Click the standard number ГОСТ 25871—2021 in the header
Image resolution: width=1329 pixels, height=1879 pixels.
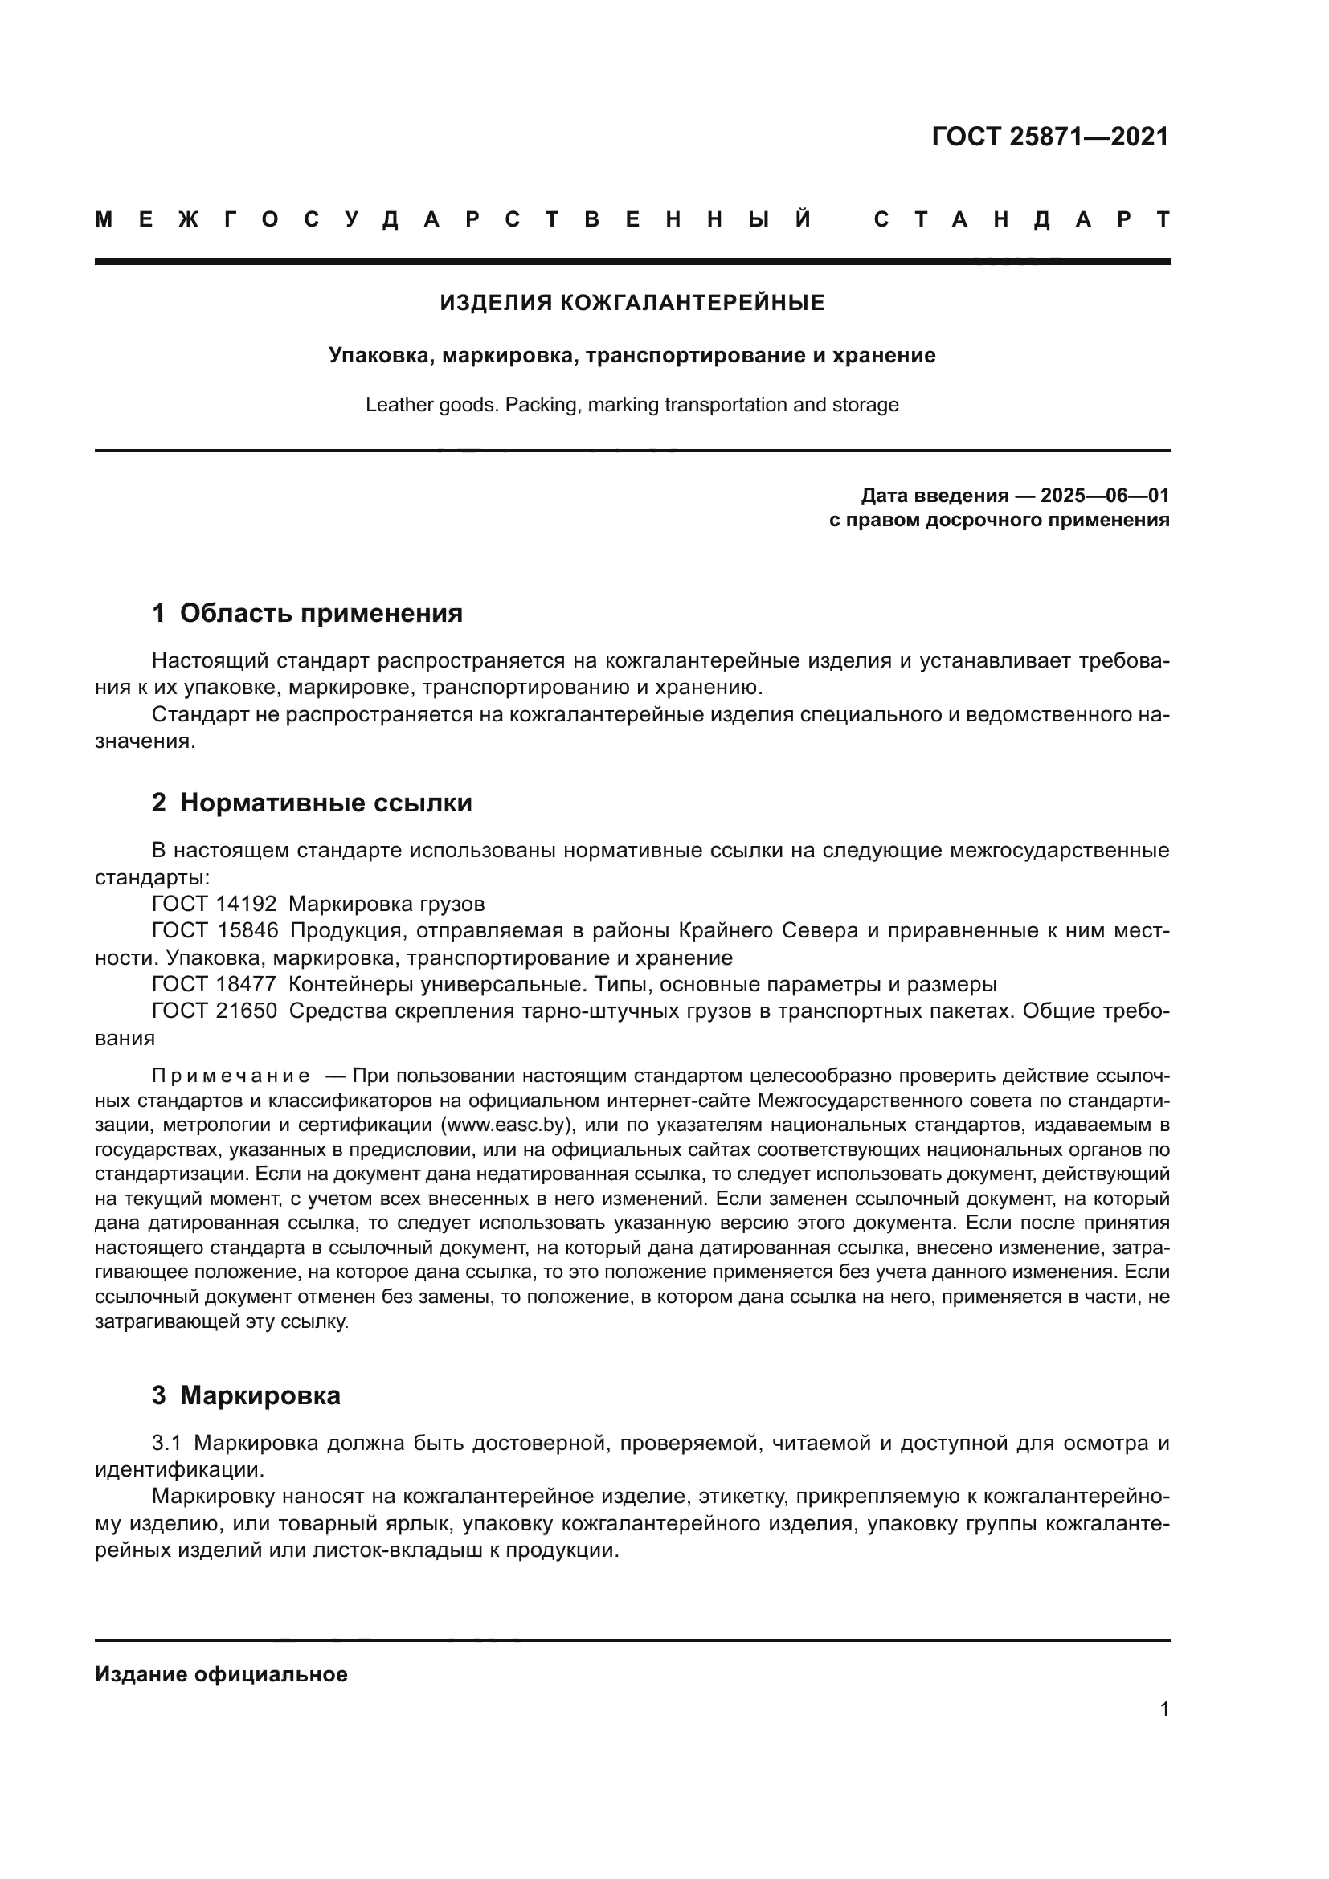point(1050,137)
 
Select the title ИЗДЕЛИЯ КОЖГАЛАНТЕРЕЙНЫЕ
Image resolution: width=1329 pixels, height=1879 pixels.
point(632,304)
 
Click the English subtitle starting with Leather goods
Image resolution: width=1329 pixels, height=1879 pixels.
point(632,405)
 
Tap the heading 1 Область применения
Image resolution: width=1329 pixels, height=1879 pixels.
point(307,613)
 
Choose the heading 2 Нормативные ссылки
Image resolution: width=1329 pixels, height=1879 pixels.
point(312,803)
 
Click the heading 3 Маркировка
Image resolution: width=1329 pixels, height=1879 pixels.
point(246,1395)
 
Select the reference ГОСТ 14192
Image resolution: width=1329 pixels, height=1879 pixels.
point(215,905)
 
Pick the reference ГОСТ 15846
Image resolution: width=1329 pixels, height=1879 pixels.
point(215,931)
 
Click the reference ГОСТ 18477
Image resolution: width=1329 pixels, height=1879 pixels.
point(215,985)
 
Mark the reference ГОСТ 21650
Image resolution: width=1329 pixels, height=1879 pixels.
point(215,1011)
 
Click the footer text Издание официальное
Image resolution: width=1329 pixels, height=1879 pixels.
point(221,1674)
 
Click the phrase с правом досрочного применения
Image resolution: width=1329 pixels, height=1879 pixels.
point(999,521)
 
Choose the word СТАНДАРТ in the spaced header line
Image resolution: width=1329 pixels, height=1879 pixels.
point(1021,220)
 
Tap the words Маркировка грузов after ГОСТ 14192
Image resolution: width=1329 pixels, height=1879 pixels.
point(386,905)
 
